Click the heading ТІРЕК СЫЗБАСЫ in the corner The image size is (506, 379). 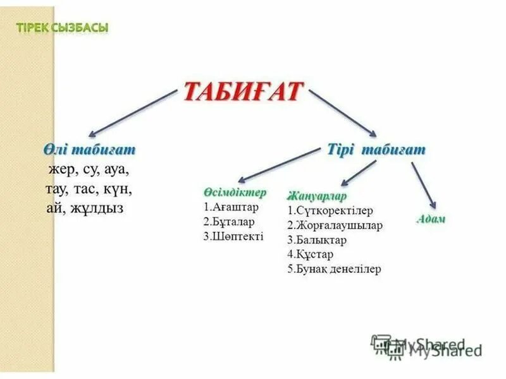pyautogui.click(x=61, y=27)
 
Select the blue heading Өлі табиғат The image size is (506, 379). pyautogui.click(x=90, y=150)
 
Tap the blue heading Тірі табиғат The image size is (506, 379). pyautogui.click(x=376, y=150)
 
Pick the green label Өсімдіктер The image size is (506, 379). pyautogui.click(x=235, y=192)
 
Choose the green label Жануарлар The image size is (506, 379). pyautogui.click(x=317, y=195)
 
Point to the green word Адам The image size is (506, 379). pyautogui.click(x=431, y=219)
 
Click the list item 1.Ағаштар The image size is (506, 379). pyautogui.click(x=231, y=207)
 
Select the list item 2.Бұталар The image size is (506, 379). pyautogui.click(x=229, y=222)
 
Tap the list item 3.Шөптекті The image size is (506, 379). pyautogui.click(x=233, y=237)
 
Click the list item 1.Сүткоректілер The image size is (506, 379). pyautogui.click(x=330, y=210)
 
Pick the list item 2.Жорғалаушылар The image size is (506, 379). pyautogui.click(x=334, y=225)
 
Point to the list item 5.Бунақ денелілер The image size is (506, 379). pyautogui.click(x=334, y=269)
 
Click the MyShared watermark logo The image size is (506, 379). pyautogui.click(x=426, y=345)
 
